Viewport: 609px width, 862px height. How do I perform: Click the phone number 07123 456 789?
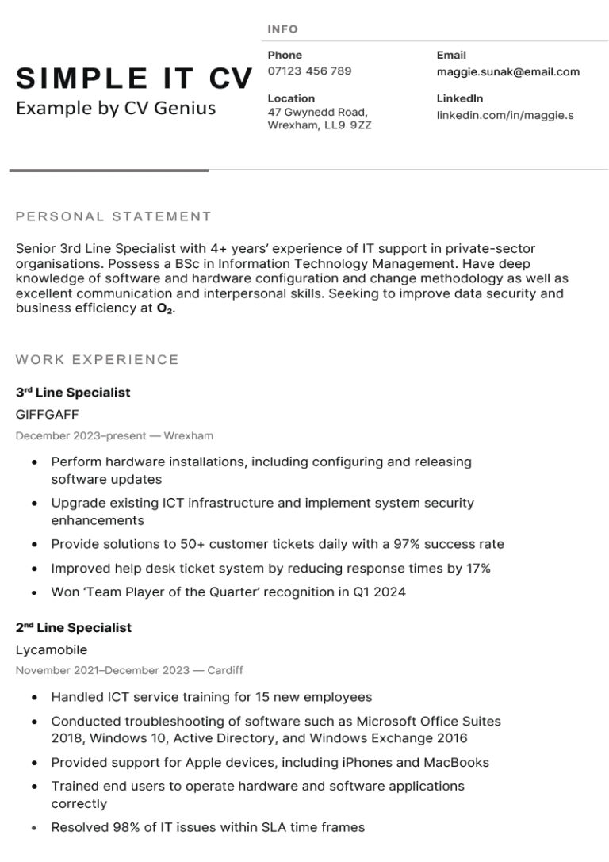(x=309, y=71)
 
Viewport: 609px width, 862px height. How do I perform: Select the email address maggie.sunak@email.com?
(x=507, y=72)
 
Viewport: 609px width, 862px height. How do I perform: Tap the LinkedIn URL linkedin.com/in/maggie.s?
(x=504, y=116)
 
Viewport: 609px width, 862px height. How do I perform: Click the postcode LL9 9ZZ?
(x=349, y=125)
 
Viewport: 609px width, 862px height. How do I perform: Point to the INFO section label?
(x=282, y=29)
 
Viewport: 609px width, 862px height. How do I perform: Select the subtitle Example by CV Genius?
(x=116, y=108)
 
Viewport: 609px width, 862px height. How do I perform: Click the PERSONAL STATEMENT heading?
(x=113, y=216)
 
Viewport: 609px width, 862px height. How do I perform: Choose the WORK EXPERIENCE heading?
(x=97, y=360)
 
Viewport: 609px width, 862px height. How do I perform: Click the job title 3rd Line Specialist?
(x=73, y=393)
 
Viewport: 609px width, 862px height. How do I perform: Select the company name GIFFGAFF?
(x=47, y=414)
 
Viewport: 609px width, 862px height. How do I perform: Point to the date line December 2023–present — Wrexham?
(x=114, y=436)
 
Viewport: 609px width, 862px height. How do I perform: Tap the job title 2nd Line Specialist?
(x=74, y=628)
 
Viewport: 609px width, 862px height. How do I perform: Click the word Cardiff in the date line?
(x=225, y=671)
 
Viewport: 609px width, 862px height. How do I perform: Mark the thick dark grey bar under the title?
(x=109, y=170)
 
